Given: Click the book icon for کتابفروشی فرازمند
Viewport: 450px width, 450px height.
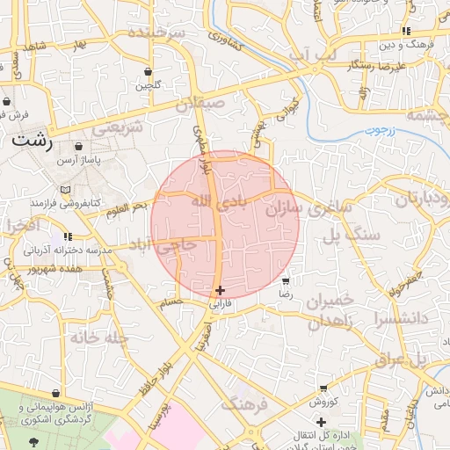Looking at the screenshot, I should [x=65, y=189].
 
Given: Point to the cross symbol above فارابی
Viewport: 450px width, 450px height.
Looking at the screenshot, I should [x=220, y=290].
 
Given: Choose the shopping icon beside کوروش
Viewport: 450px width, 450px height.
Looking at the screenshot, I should [x=323, y=388].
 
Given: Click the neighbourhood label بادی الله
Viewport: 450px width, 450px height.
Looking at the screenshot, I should [x=214, y=203].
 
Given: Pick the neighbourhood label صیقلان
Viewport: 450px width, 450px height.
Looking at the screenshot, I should [x=200, y=104].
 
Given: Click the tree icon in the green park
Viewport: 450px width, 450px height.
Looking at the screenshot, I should [x=34, y=441].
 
